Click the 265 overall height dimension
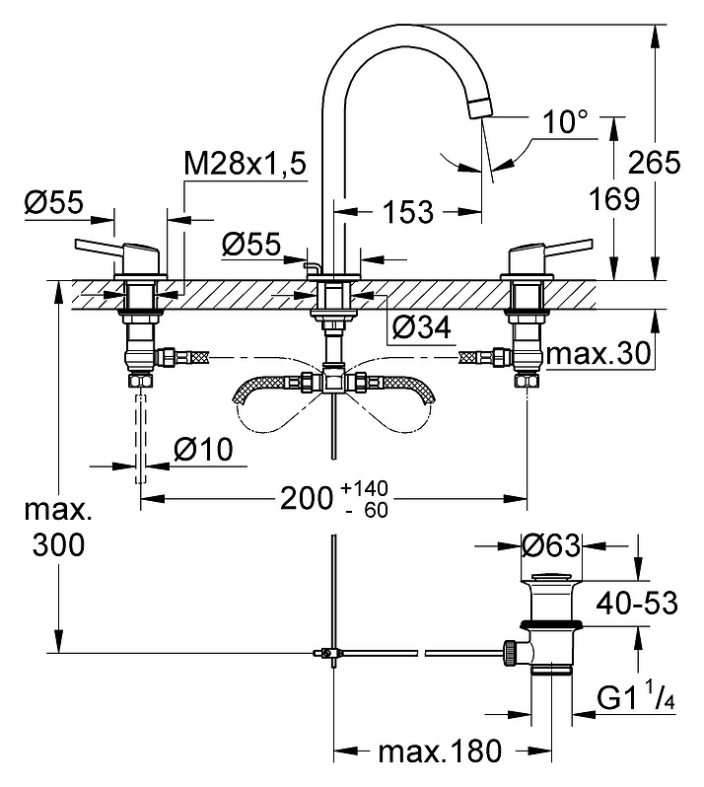(654, 162)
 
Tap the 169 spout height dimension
(613, 199)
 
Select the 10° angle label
(565, 122)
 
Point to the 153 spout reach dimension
(407, 212)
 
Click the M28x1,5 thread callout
(245, 163)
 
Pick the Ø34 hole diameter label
(421, 328)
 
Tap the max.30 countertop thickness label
(598, 353)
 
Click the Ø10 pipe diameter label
(204, 449)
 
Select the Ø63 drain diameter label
(550, 545)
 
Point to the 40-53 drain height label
(637, 603)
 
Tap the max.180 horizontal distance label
(440, 751)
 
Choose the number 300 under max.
(59, 544)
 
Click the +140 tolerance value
(364, 487)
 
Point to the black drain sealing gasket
(551, 624)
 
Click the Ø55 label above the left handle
(54, 203)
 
